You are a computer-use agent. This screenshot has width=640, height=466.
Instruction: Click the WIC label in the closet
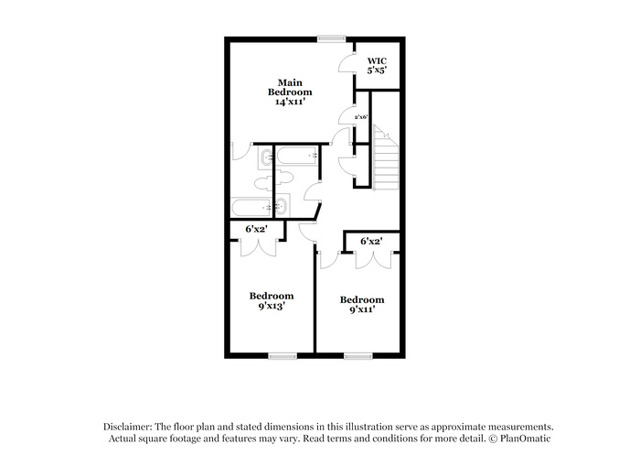click(377, 61)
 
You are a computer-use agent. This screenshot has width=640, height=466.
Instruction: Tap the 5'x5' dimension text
click(377, 70)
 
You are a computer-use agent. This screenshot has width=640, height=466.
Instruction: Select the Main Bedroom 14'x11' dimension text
click(290, 102)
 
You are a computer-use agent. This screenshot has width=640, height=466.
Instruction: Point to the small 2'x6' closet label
click(361, 117)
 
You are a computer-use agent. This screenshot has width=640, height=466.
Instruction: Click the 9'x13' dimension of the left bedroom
click(272, 306)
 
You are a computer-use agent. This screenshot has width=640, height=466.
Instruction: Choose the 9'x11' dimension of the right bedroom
click(362, 309)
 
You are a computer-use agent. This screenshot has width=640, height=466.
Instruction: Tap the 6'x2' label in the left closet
click(256, 229)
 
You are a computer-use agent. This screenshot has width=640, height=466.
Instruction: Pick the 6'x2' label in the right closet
click(371, 241)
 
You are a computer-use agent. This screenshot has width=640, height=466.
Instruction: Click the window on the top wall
click(332, 38)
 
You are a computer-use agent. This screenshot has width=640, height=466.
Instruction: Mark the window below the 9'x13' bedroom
click(283, 356)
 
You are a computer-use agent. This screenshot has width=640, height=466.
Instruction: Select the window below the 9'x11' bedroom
click(358, 356)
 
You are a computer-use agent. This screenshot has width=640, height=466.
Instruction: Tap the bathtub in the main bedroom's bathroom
click(251, 208)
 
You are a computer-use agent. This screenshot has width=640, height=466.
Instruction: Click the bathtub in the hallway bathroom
click(297, 156)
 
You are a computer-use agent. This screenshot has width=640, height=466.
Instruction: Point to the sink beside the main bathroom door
click(267, 157)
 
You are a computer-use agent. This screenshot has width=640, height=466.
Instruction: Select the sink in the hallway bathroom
click(282, 206)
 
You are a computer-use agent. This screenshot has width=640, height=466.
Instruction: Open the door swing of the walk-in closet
click(347, 64)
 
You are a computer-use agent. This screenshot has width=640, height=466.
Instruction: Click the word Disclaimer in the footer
click(128, 427)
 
